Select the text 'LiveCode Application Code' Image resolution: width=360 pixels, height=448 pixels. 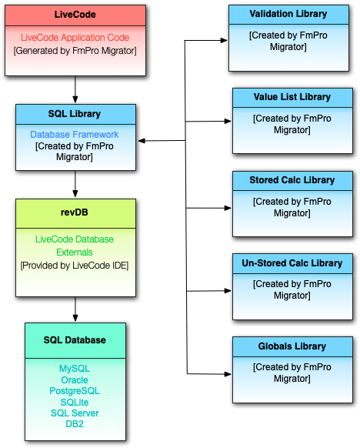(75, 38)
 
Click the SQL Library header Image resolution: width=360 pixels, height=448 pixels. (75, 114)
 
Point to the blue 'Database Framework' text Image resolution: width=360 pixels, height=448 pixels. (75, 135)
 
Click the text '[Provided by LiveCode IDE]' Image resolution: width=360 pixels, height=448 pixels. (75, 265)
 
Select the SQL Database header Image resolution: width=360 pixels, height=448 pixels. (75, 340)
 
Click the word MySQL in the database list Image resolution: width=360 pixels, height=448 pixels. (75, 369)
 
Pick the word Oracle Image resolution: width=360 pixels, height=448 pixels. (75, 380)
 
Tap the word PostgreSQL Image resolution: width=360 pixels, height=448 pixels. (75, 391)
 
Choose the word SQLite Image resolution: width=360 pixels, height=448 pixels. (75, 403)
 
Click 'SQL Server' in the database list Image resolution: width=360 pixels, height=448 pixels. (75, 413)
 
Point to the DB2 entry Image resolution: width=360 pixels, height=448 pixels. (75, 424)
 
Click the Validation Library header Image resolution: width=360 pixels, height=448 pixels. (288, 14)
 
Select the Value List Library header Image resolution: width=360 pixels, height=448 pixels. (292, 97)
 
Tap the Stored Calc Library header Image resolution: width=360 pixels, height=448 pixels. (292, 180)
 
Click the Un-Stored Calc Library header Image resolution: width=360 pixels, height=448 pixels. (292, 263)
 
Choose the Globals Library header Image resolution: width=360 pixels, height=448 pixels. (292, 346)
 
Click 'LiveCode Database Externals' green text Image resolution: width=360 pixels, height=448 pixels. (75, 246)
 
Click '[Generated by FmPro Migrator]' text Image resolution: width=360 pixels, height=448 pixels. (75, 51)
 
